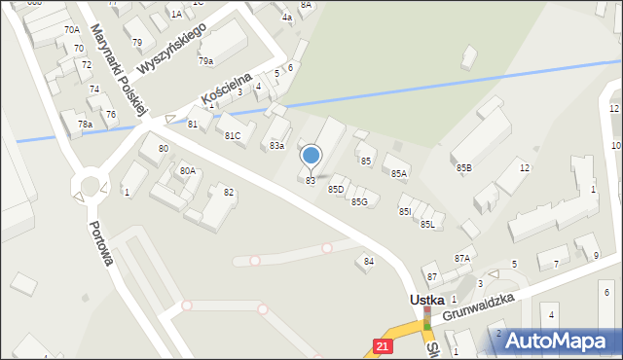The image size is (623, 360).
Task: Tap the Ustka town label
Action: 425,301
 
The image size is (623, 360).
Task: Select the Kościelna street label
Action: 227,89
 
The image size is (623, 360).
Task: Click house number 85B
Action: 464,168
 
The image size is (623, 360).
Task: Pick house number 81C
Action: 233,135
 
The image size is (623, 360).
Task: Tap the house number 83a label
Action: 277,146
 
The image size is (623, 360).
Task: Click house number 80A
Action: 188,170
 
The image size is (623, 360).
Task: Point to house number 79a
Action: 206,61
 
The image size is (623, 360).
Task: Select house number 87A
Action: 461,258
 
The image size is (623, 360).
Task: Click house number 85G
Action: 359,201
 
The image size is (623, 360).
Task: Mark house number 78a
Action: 86,125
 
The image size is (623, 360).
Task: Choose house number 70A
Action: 72,30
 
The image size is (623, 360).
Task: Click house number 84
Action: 369,261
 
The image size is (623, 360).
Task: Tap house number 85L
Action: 427,225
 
